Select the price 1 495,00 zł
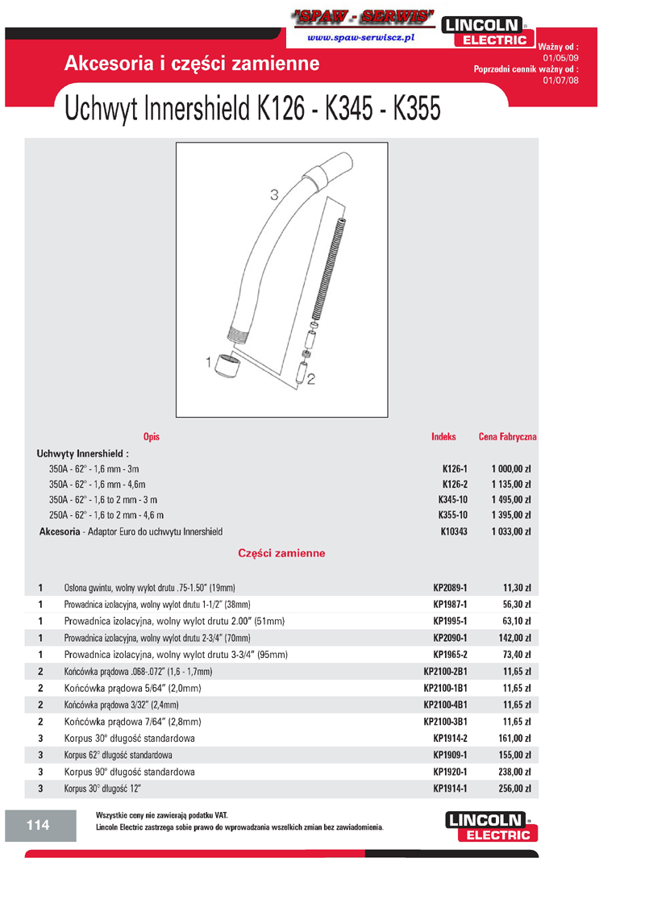pyautogui.click(x=510, y=500)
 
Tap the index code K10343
pyautogui.click(x=454, y=531)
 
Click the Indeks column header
pyautogui.click(x=443, y=436)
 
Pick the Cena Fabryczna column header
pyautogui.click(x=507, y=436)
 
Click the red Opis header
pyautogui.click(x=152, y=436)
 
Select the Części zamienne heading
pyautogui.click(x=281, y=554)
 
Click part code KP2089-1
pyautogui.click(x=450, y=588)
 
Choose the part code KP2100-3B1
pyautogui.click(x=446, y=722)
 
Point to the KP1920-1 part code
pyautogui.click(x=450, y=772)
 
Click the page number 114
pyautogui.click(x=38, y=824)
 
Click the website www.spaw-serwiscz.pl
pyautogui.click(x=361, y=37)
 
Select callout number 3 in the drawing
pyautogui.click(x=273, y=194)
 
